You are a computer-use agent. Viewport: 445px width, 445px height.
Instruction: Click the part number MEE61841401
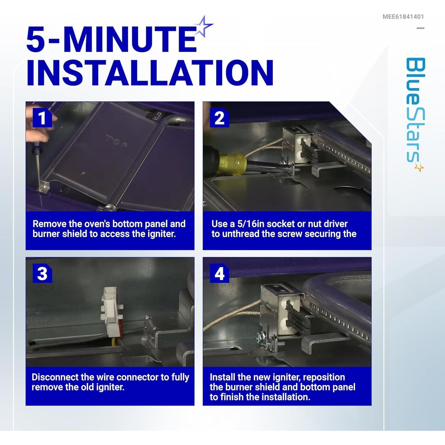pyautogui.click(x=403, y=17)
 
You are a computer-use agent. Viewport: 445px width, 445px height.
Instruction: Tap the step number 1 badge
pyautogui.click(x=42, y=118)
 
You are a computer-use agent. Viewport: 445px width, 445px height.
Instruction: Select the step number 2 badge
pyautogui.click(x=220, y=118)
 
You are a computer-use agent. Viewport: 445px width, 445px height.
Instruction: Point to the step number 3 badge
pyautogui.click(x=42, y=273)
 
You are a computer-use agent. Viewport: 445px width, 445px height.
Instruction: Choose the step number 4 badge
pyautogui.click(x=220, y=273)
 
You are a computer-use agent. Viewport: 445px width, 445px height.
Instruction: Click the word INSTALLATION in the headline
pyautogui.click(x=150, y=73)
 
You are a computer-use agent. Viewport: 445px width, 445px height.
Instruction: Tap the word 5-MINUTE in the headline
pyautogui.click(x=112, y=39)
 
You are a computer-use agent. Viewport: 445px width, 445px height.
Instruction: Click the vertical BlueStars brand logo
pyautogui.click(x=415, y=115)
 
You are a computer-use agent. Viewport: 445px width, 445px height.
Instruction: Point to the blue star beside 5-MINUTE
pyautogui.click(x=203, y=27)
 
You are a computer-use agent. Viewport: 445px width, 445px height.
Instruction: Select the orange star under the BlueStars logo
pyautogui.click(x=419, y=167)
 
